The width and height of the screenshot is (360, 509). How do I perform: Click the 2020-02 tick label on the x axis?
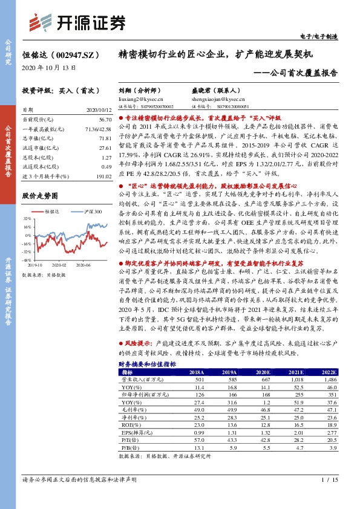[59, 265]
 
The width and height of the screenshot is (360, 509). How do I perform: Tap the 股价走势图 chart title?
[40, 196]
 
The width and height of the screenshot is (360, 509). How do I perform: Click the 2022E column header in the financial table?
[327, 372]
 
